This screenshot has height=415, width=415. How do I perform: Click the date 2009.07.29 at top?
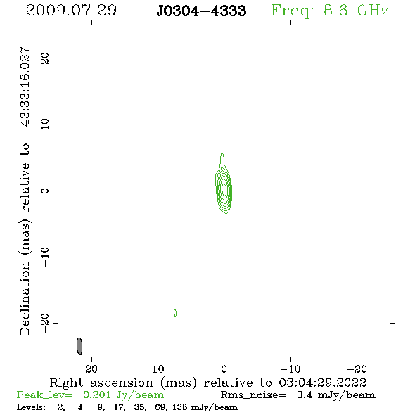(x=71, y=11)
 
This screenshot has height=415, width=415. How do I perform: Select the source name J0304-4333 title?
(x=201, y=11)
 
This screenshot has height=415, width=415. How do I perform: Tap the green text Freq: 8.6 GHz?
(x=330, y=11)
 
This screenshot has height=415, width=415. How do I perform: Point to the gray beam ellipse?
(x=79, y=345)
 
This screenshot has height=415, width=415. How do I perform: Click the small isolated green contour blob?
(x=175, y=313)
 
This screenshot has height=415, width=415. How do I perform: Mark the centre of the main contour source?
(x=224, y=189)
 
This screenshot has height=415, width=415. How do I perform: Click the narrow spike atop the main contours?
(x=222, y=160)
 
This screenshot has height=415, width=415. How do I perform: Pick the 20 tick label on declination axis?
(x=45, y=58)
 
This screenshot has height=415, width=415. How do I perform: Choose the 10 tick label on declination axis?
(x=45, y=124)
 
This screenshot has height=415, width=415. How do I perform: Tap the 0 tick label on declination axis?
(x=45, y=191)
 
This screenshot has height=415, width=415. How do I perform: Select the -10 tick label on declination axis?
(x=45, y=257)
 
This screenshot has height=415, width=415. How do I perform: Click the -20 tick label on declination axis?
(x=45, y=323)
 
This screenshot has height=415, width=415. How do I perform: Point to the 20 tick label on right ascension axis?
(x=91, y=369)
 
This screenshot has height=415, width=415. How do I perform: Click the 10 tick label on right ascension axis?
(x=158, y=369)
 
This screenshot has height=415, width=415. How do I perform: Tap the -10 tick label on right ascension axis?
(x=290, y=369)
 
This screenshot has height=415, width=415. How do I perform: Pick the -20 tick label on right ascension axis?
(x=357, y=369)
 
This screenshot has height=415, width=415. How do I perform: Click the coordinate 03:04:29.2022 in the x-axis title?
(x=323, y=383)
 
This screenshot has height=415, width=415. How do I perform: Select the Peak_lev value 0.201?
(x=97, y=395)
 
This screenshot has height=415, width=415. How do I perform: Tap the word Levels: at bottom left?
(x=31, y=407)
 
